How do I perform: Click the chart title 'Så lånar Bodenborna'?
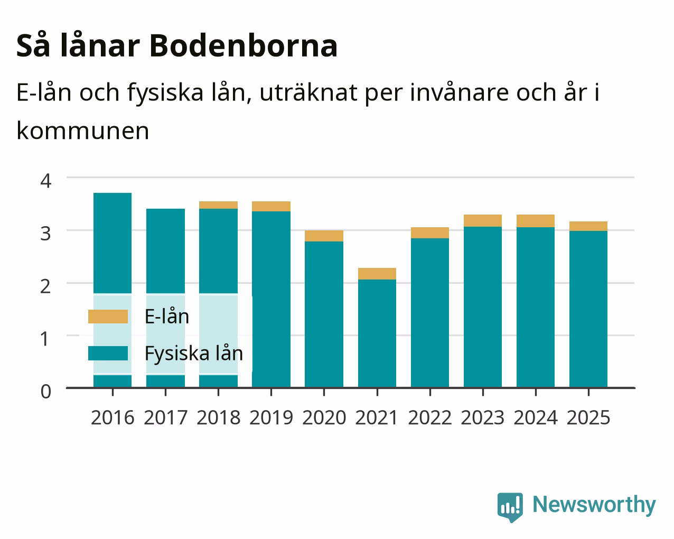pos(177,46)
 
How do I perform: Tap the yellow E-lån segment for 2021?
pos(377,274)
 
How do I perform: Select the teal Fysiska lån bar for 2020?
pos(324,314)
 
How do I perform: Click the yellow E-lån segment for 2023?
pos(483,220)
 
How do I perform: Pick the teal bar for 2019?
pos(271,299)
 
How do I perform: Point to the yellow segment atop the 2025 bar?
pos(588,226)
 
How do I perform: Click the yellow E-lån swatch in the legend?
pos(108,317)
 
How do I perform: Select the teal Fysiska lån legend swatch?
pos(108,353)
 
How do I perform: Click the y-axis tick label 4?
pos(46,181)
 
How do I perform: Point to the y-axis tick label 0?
pos(46,392)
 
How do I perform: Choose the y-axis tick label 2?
pos(46,286)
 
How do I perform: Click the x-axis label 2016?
pos(113,417)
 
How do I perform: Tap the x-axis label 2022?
pos(430,417)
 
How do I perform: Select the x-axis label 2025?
pos(588,417)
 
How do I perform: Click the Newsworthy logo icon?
pos(510,507)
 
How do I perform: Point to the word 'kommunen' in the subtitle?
pos(83,131)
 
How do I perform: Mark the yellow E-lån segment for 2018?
pos(218,205)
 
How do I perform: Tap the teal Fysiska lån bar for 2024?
pos(536,308)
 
